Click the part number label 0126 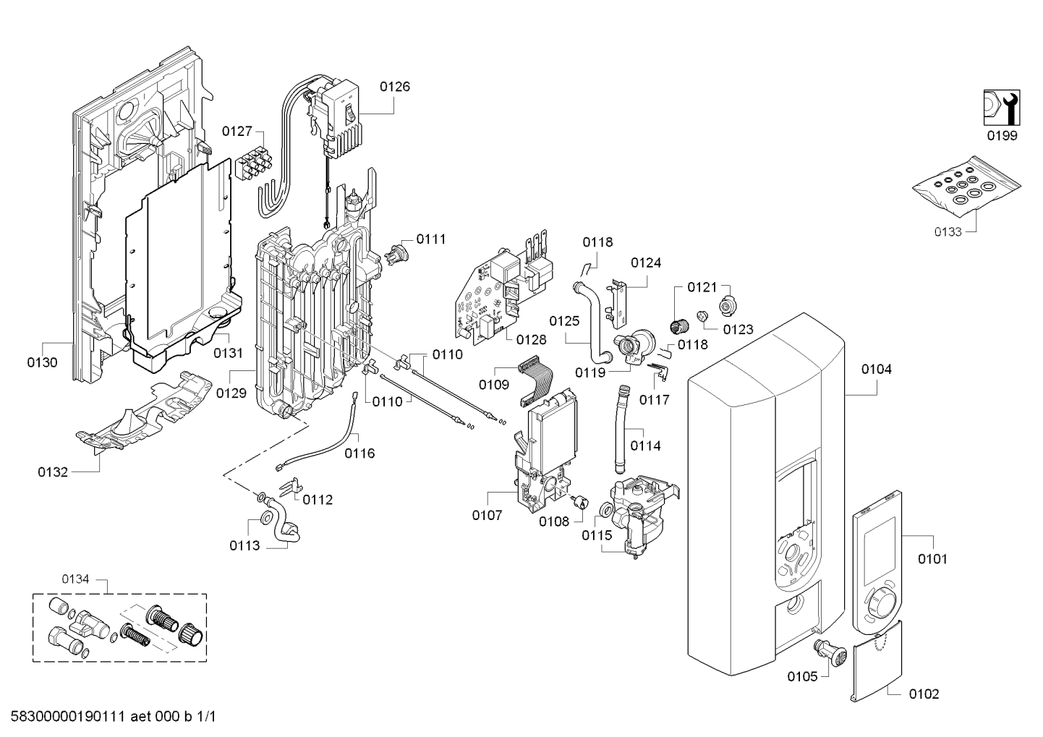(394, 87)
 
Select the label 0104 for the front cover (876, 370)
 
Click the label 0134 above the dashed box (75, 579)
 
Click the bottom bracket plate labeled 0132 (145, 416)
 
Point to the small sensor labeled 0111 (398, 252)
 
